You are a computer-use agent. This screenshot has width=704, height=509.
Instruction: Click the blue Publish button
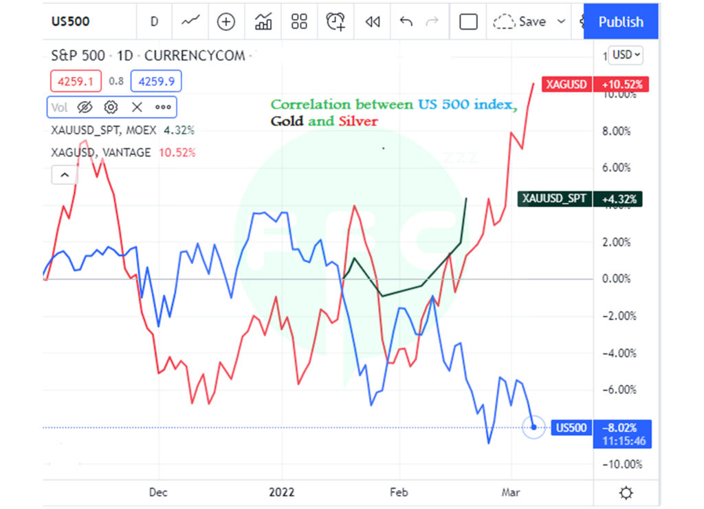[620, 21]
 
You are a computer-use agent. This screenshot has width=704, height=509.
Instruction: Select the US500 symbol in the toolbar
[70, 21]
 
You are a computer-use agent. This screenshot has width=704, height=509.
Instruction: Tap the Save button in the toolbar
[531, 21]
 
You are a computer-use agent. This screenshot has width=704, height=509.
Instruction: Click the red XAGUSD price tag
[566, 85]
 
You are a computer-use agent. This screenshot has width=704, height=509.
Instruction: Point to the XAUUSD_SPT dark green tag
[554, 199]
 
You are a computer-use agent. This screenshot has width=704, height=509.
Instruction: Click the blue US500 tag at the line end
[571, 428]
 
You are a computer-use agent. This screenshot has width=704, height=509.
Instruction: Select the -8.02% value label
[622, 428]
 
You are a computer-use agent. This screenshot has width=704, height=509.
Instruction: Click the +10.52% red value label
[621, 85]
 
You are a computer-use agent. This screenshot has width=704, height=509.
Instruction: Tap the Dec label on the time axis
[158, 492]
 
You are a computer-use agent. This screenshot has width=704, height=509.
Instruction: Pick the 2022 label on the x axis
[282, 492]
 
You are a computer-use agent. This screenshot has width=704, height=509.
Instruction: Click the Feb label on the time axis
[399, 492]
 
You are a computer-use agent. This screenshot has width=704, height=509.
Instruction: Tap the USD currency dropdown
[626, 54]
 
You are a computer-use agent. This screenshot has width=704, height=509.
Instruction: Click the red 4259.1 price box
[75, 81]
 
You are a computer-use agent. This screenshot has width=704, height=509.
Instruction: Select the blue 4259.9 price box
[156, 81]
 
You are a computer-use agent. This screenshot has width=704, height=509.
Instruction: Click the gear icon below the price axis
[626, 492]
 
